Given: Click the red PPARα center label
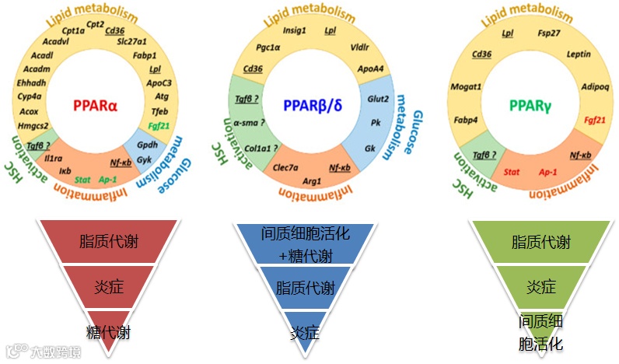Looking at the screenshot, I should click(96, 105).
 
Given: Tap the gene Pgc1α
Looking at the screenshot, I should click(266, 47).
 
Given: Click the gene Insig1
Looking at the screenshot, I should click(294, 31).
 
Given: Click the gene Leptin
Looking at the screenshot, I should click(578, 54).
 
